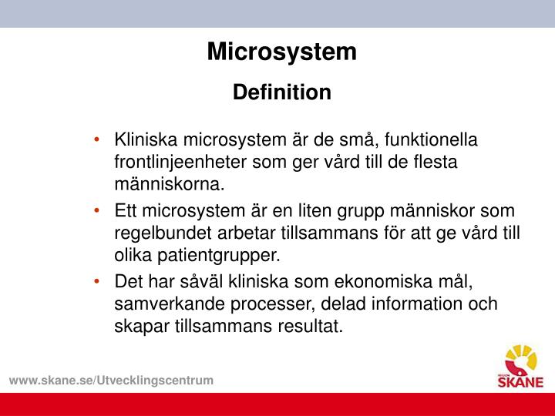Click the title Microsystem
coord(281,52)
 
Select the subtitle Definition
coord(281,92)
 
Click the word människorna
coord(170,184)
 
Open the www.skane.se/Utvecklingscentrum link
coord(111,381)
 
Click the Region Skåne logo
coord(523,367)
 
